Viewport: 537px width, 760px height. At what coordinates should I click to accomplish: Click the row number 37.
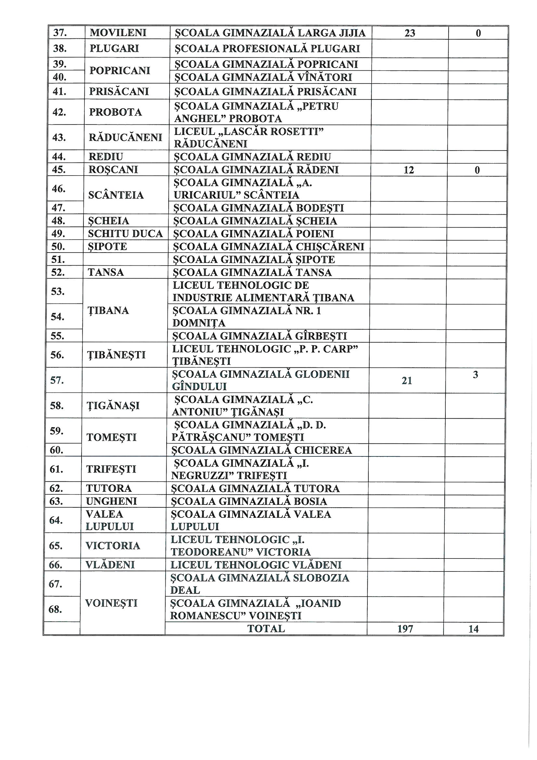tap(60, 33)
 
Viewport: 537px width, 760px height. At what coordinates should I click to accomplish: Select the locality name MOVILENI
tap(118, 33)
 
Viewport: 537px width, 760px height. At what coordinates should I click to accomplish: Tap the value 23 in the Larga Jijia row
tap(410, 33)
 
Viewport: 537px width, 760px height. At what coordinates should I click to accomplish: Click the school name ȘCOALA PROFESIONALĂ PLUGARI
tap(267, 49)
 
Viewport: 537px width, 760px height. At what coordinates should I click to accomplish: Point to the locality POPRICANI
tap(120, 71)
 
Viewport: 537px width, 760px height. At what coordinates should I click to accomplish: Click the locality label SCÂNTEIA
tap(116, 195)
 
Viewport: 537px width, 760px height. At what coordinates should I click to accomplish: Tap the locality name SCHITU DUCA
tap(125, 234)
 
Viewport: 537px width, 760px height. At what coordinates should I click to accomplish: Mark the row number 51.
tap(58, 259)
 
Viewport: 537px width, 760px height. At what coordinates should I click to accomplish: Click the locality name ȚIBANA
tap(108, 310)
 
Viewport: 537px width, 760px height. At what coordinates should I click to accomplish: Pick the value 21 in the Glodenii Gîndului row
tap(407, 381)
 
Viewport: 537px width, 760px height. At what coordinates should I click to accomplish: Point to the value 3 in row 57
tap(475, 375)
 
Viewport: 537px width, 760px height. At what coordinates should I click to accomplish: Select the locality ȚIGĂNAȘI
tap(112, 405)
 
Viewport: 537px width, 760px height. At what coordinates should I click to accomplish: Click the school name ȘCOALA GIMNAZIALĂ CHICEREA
tap(262, 450)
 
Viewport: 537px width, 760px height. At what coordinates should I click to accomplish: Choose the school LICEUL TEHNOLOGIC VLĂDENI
tap(256, 565)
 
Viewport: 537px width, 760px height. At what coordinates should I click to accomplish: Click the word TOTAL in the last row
tap(266, 629)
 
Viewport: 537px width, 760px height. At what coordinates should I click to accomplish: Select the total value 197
tap(405, 629)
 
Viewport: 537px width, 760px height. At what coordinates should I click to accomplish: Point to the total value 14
tap(473, 629)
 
